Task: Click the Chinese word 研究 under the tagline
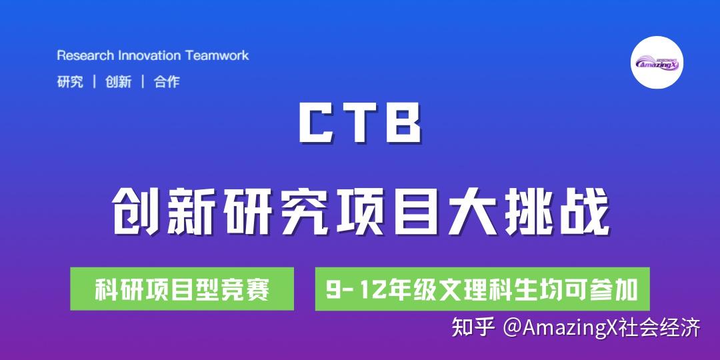[70, 82]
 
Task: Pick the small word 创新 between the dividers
[118, 82]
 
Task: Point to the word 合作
[167, 82]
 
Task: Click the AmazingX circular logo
[657, 63]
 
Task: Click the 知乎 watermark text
[473, 328]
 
